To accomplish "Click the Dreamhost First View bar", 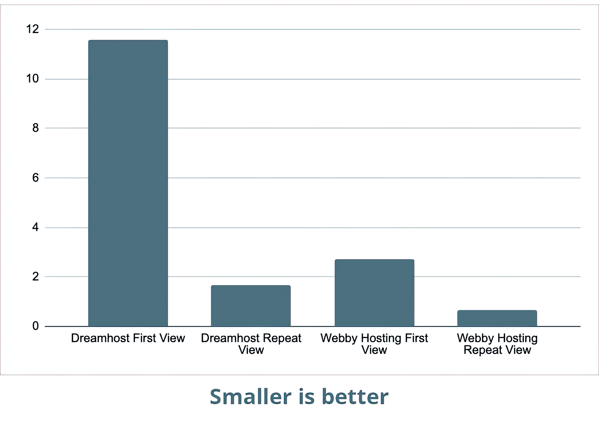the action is click(x=128, y=183).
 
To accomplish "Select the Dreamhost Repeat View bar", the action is click(x=251, y=306).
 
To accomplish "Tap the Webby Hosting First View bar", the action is click(x=374, y=293).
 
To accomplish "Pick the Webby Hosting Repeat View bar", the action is click(x=497, y=318).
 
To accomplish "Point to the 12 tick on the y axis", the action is click(x=32, y=29).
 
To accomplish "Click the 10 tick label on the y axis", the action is click(x=32, y=79).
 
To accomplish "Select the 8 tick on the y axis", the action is click(x=36, y=128).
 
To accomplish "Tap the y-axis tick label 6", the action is click(x=36, y=178).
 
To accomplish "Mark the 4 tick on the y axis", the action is click(x=36, y=228).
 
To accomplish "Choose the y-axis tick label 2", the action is click(x=36, y=276).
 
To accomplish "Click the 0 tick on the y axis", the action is click(x=36, y=326).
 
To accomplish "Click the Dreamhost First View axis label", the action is click(x=128, y=338).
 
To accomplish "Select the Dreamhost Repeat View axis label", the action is click(x=251, y=344).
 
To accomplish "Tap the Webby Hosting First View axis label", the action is click(x=374, y=344).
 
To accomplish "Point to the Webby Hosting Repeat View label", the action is click(x=497, y=344).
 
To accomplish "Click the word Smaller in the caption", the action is click(x=250, y=397).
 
